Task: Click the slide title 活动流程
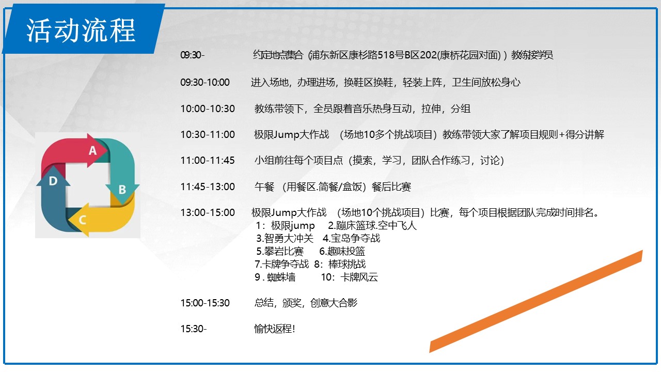click(x=81, y=30)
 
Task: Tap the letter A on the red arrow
click(x=92, y=150)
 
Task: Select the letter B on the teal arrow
click(x=122, y=190)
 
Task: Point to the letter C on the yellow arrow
click(x=82, y=220)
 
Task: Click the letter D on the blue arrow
click(x=53, y=181)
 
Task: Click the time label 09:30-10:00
click(x=205, y=82)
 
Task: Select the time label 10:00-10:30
click(x=208, y=109)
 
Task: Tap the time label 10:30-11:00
click(x=208, y=135)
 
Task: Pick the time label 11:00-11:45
click(x=208, y=160)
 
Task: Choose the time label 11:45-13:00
click(x=208, y=187)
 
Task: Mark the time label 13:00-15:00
click(x=208, y=212)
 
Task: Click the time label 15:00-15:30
click(x=205, y=303)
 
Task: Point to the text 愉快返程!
click(x=274, y=329)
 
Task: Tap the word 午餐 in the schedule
click(x=264, y=187)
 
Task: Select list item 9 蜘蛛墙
click(x=275, y=277)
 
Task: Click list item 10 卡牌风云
click(x=350, y=277)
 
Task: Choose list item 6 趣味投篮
click(x=342, y=251)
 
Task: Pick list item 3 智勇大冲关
click(x=285, y=238)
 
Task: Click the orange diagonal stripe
click(x=536, y=301)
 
